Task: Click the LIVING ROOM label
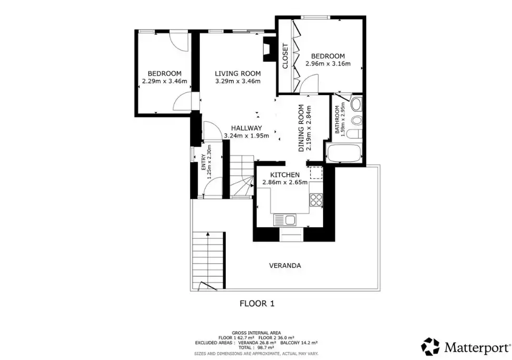click(238, 73)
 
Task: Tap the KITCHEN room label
click(285, 175)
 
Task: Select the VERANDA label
click(285, 265)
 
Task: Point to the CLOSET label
click(285, 56)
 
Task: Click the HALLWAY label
click(247, 128)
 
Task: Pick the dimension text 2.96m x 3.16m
click(328, 63)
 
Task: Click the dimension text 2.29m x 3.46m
click(164, 81)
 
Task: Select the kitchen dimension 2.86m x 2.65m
click(285, 183)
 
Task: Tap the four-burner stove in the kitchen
click(316, 200)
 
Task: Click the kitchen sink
click(285, 220)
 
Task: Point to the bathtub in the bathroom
click(343, 153)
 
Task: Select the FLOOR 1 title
click(257, 303)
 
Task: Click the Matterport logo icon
click(430, 346)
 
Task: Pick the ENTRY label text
click(204, 162)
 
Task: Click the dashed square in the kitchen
click(316, 173)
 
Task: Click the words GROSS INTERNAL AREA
click(257, 333)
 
